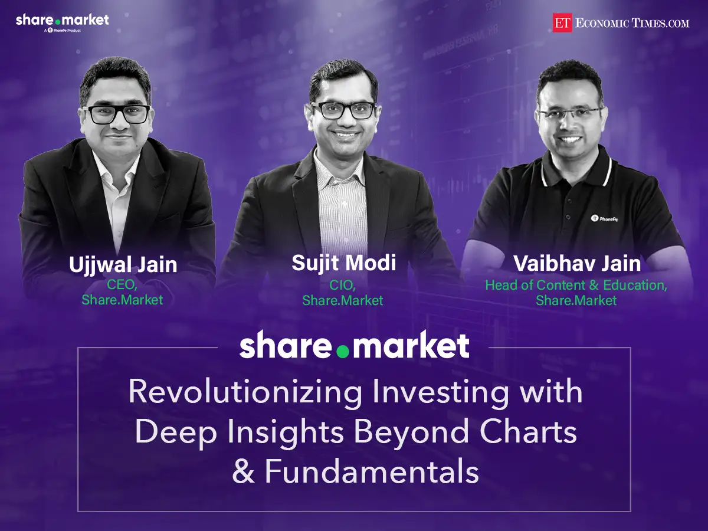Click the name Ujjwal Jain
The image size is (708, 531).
point(123,264)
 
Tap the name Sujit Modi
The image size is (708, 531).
point(343,263)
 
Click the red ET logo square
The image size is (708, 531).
point(563,22)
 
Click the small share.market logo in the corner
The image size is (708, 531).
point(62,21)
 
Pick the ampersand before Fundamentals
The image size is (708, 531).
point(242,473)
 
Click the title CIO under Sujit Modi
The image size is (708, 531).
point(343,286)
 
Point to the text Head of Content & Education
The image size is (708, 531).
point(576,285)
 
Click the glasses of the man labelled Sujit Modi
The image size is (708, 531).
point(343,110)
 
